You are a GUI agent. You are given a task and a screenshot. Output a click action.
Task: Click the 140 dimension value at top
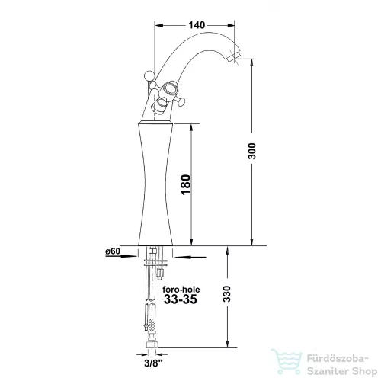197,25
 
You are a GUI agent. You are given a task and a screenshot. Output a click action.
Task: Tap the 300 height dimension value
252,151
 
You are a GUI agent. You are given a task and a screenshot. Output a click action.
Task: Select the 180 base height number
186,184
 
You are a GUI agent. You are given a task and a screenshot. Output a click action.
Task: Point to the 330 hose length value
226,294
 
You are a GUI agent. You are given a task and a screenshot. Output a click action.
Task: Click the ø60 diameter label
113,251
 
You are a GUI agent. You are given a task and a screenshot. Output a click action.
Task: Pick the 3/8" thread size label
153,363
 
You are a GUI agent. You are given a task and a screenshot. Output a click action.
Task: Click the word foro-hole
181,290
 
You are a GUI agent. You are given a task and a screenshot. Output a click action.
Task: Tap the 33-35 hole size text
181,299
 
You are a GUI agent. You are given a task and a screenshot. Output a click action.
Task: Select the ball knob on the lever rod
149,75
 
